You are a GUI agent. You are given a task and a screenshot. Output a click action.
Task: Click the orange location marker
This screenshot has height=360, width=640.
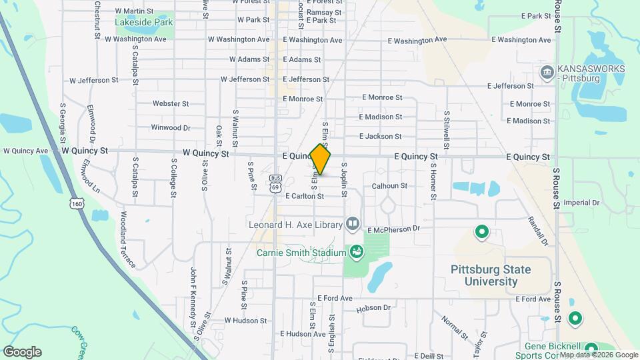(x=321, y=160)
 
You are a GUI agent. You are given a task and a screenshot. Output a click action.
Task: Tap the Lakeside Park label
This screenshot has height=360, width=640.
(x=144, y=22)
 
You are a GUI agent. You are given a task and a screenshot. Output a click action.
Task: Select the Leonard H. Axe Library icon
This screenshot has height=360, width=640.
(x=352, y=224)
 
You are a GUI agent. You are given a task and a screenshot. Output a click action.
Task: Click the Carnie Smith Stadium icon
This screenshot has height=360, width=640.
(x=357, y=252)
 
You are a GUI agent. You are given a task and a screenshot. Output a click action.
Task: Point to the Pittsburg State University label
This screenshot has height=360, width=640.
(x=491, y=275)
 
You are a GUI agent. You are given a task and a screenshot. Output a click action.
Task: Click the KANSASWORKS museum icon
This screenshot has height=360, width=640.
(x=546, y=71)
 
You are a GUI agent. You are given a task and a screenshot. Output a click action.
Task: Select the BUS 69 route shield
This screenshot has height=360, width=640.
(x=275, y=183)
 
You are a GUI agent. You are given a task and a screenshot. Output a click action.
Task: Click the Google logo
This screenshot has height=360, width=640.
(x=22, y=352)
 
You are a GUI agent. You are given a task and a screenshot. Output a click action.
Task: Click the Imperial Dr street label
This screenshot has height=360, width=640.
(x=582, y=202)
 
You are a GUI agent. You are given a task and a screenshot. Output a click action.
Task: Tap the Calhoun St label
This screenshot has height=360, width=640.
(x=389, y=186)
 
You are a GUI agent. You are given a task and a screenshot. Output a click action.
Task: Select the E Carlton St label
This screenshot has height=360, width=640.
(x=304, y=196)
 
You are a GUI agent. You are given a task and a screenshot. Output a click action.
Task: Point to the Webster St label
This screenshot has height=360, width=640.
(x=171, y=104)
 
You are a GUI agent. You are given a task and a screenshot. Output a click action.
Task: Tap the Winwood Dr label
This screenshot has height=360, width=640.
(x=171, y=127)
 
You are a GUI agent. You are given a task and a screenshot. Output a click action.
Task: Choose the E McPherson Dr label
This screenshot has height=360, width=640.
(x=394, y=229)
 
